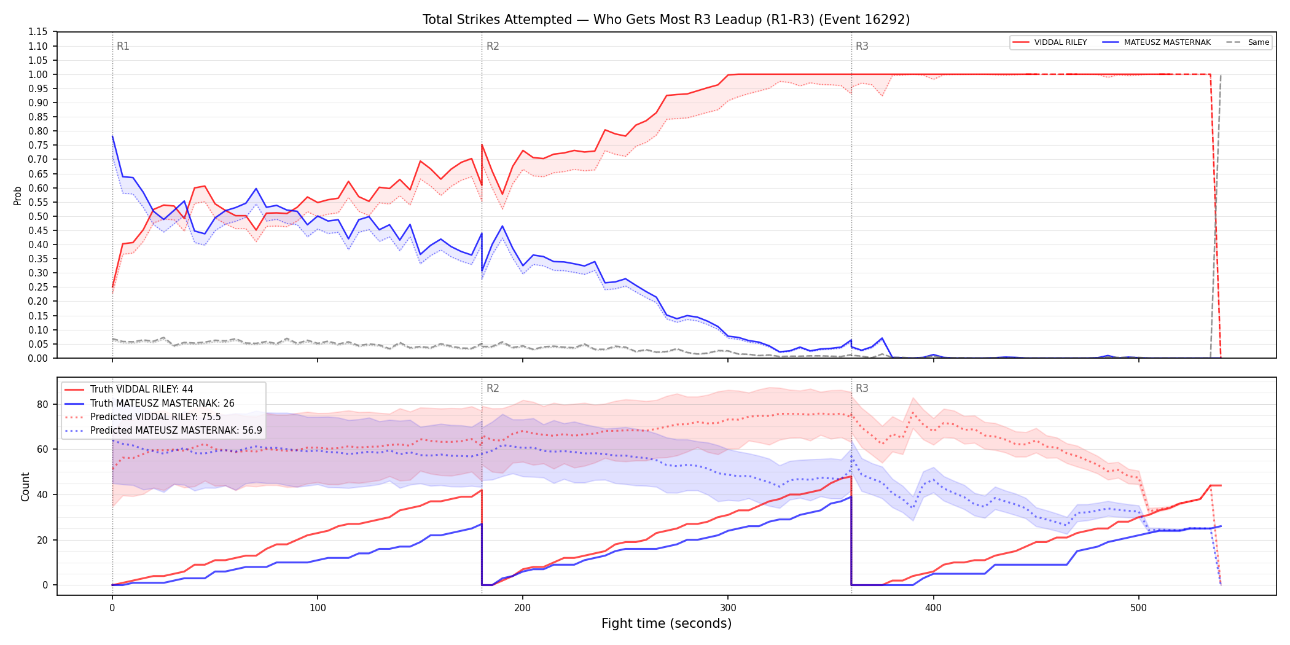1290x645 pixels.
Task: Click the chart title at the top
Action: (666, 20)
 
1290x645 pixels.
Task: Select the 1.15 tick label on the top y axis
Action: (38, 32)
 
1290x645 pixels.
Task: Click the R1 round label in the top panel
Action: (123, 46)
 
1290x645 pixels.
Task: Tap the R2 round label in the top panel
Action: (493, 46)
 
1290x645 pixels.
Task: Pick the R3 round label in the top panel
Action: (862, 46)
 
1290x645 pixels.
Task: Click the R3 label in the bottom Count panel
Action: (862, 388)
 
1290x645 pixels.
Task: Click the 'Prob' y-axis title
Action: (18, 195)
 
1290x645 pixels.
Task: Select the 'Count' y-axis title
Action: (25, 487)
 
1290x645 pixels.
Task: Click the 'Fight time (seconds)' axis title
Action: (666, 623)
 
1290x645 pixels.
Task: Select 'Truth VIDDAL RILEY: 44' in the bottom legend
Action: (141, 389)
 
